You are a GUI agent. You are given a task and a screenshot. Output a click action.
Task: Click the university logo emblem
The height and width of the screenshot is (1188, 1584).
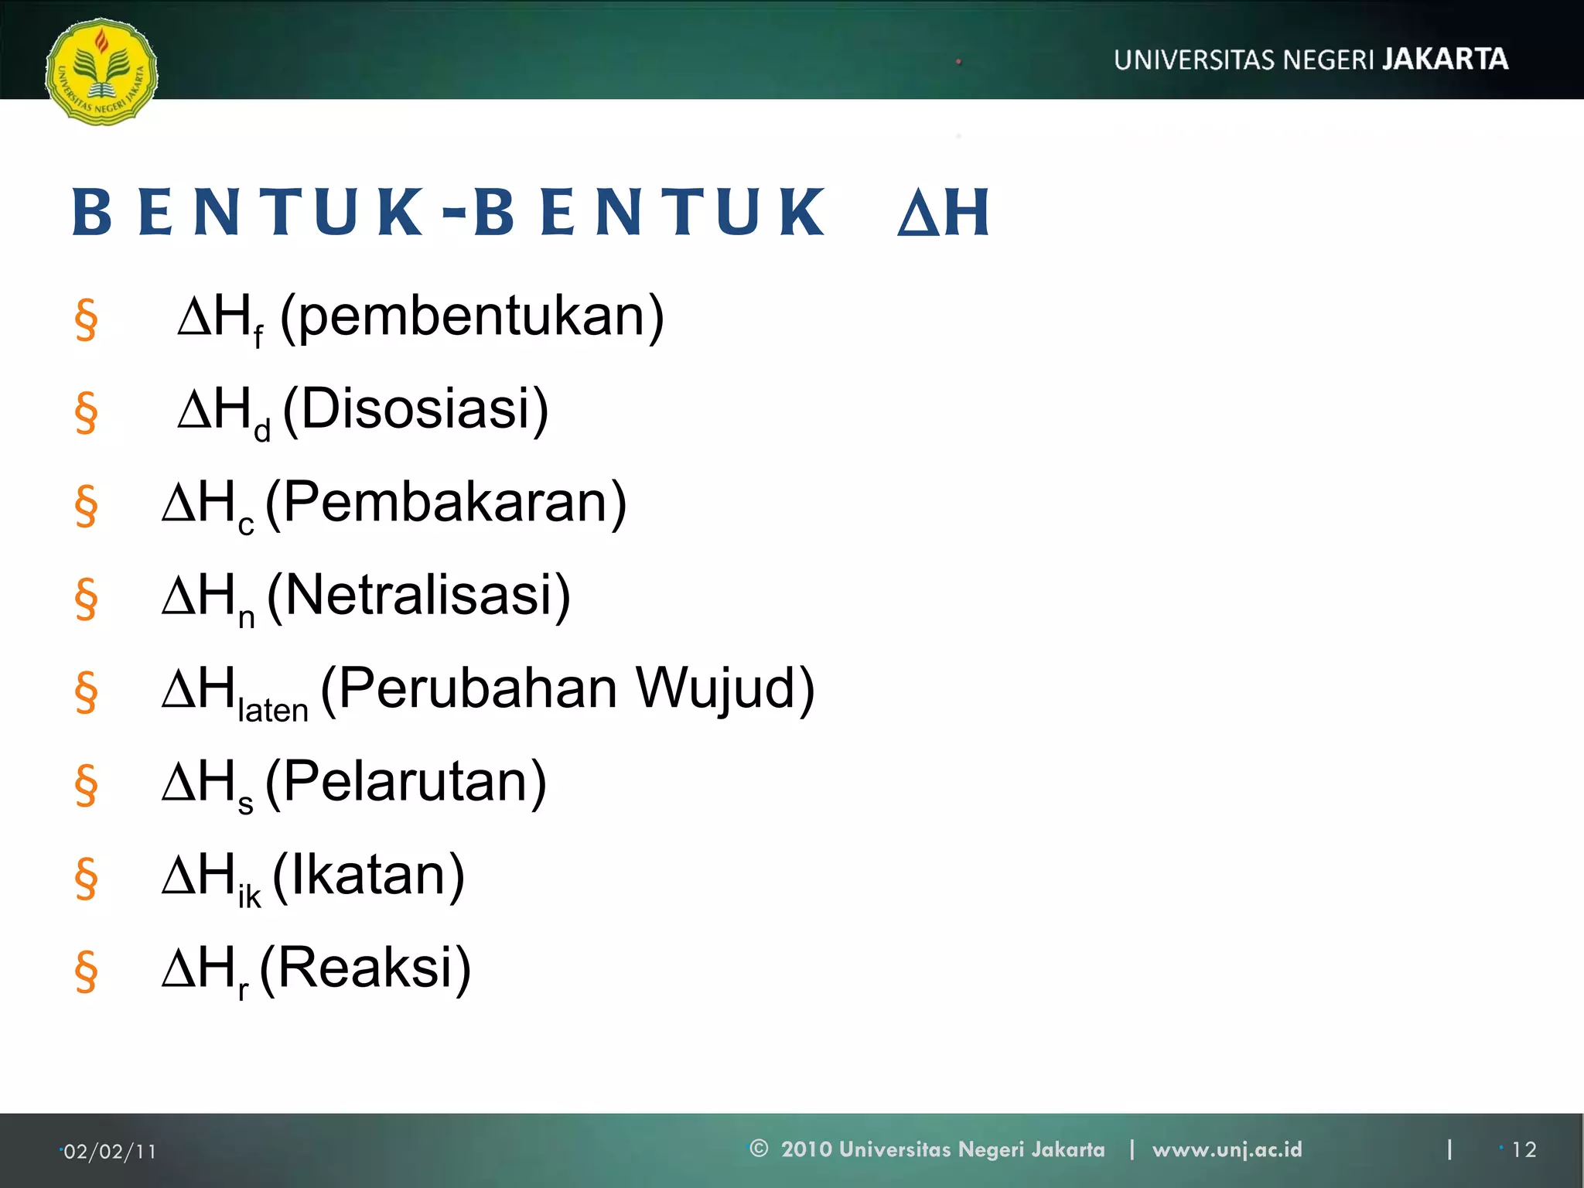pos(101,72)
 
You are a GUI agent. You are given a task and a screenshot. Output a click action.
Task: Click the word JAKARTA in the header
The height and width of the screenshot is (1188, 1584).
pos(1445,60)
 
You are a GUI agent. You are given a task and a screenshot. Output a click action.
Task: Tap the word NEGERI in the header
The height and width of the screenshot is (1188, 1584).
pos(1328,60)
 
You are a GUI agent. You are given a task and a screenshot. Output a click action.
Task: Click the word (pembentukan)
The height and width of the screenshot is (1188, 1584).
pos(472,317)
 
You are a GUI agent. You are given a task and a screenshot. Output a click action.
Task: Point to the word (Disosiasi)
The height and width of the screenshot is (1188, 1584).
pos(416,409)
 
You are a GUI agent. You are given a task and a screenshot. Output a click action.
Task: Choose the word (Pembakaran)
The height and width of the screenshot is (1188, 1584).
pos(445,503)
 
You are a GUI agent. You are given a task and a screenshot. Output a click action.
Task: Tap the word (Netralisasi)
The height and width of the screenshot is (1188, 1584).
pos(418,596)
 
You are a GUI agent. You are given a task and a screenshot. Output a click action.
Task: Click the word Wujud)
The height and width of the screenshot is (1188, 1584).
pos(725,688)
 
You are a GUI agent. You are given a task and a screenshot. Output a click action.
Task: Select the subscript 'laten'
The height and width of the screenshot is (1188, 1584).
pos(272,710)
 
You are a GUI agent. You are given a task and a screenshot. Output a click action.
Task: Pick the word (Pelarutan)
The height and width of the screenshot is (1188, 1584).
pos(406,782)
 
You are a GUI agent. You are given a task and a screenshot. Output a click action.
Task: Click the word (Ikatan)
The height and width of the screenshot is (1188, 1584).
pos(368,875)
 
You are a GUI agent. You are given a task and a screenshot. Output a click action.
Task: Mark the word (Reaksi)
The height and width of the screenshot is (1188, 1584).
pos(365,968)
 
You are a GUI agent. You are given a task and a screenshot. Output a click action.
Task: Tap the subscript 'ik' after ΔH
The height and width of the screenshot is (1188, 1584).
pos(249,896)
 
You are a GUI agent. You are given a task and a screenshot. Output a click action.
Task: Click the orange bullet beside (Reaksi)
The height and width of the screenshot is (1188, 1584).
pos(86,971)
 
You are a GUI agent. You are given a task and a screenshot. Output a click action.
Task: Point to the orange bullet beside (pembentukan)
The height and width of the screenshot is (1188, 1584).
pos(86,319)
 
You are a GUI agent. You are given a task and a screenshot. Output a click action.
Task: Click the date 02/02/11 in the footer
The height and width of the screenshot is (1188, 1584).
pos(109,1152)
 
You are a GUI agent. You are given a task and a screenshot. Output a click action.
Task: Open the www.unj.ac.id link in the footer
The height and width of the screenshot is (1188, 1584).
pos(1227,1149)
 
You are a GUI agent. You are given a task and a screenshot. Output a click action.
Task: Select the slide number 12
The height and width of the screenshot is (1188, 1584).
pos(1524,1150)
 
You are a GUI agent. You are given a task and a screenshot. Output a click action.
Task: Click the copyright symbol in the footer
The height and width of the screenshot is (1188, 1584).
pos(759,1149)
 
